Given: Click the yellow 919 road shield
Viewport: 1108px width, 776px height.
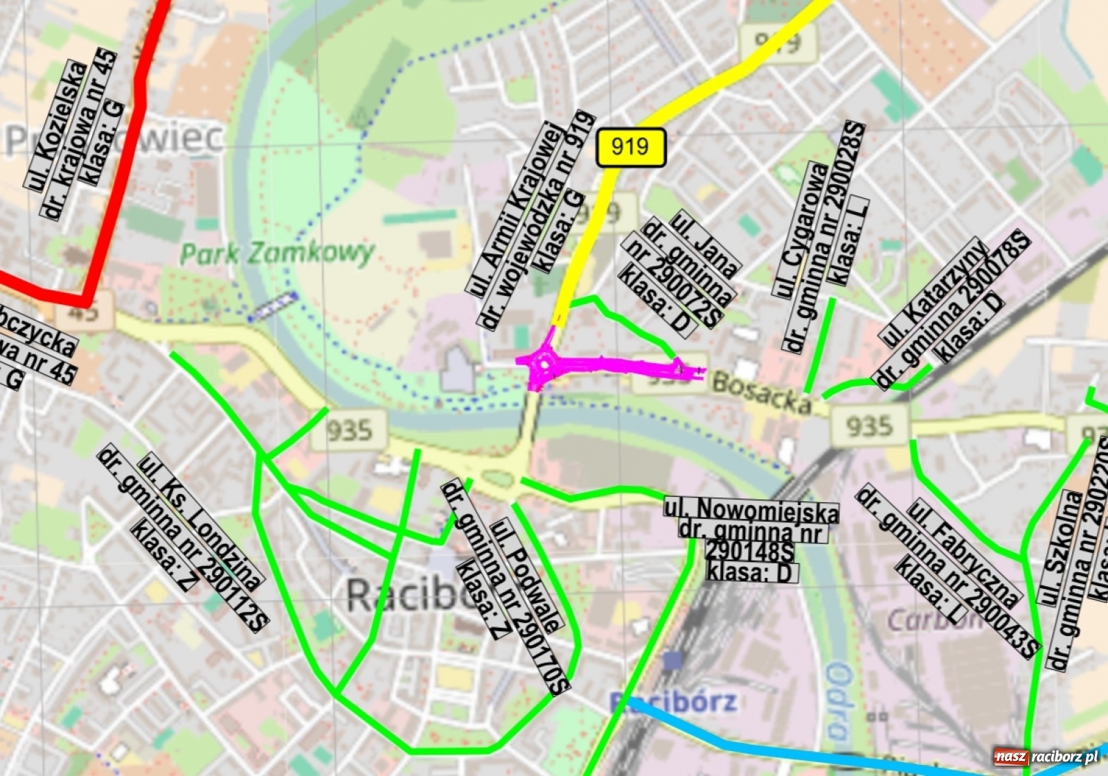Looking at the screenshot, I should pyautogui.click(x=630, y=147).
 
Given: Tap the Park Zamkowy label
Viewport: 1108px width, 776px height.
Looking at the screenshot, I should pyautogui.click(x=277, y=253).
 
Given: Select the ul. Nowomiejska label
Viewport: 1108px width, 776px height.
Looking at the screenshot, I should pyautogui.click(x=751, y=510).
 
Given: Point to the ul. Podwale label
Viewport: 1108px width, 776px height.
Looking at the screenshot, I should pyautogui.click(x=526, y=575).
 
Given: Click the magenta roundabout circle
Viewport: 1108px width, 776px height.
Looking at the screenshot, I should pyautogui.click(x=546, y=362).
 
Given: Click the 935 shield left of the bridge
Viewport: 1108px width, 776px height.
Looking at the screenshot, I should pyautogui.click(x=349, y=430).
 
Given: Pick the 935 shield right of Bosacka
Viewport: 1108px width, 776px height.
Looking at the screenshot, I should pyautogui.click(x=869, y=425).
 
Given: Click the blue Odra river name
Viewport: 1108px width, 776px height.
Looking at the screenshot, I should pyautogui.click(x=838, y=700).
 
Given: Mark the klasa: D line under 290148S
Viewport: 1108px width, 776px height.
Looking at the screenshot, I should pyautogui.click(x=752, y=573).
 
